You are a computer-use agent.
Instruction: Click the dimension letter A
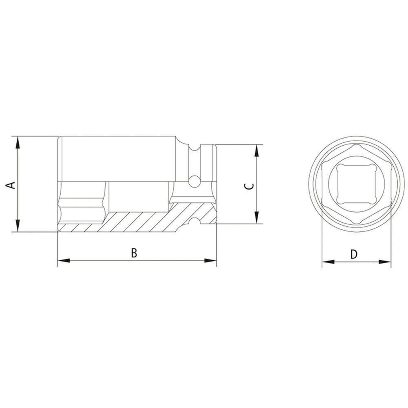[x=12, y=184]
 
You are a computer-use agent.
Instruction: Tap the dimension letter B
[x=134, y=253]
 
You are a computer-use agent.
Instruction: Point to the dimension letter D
[x=354, y=254]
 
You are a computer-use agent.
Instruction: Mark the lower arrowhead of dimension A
[x=18, y=226]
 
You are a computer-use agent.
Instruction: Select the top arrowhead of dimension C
[x=256, y=150]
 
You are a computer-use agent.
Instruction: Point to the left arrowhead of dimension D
[x=327, y=262]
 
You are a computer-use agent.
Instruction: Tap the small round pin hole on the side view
[x=195, y=180]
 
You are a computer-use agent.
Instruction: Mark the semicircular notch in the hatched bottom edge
[x=195, y=223]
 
